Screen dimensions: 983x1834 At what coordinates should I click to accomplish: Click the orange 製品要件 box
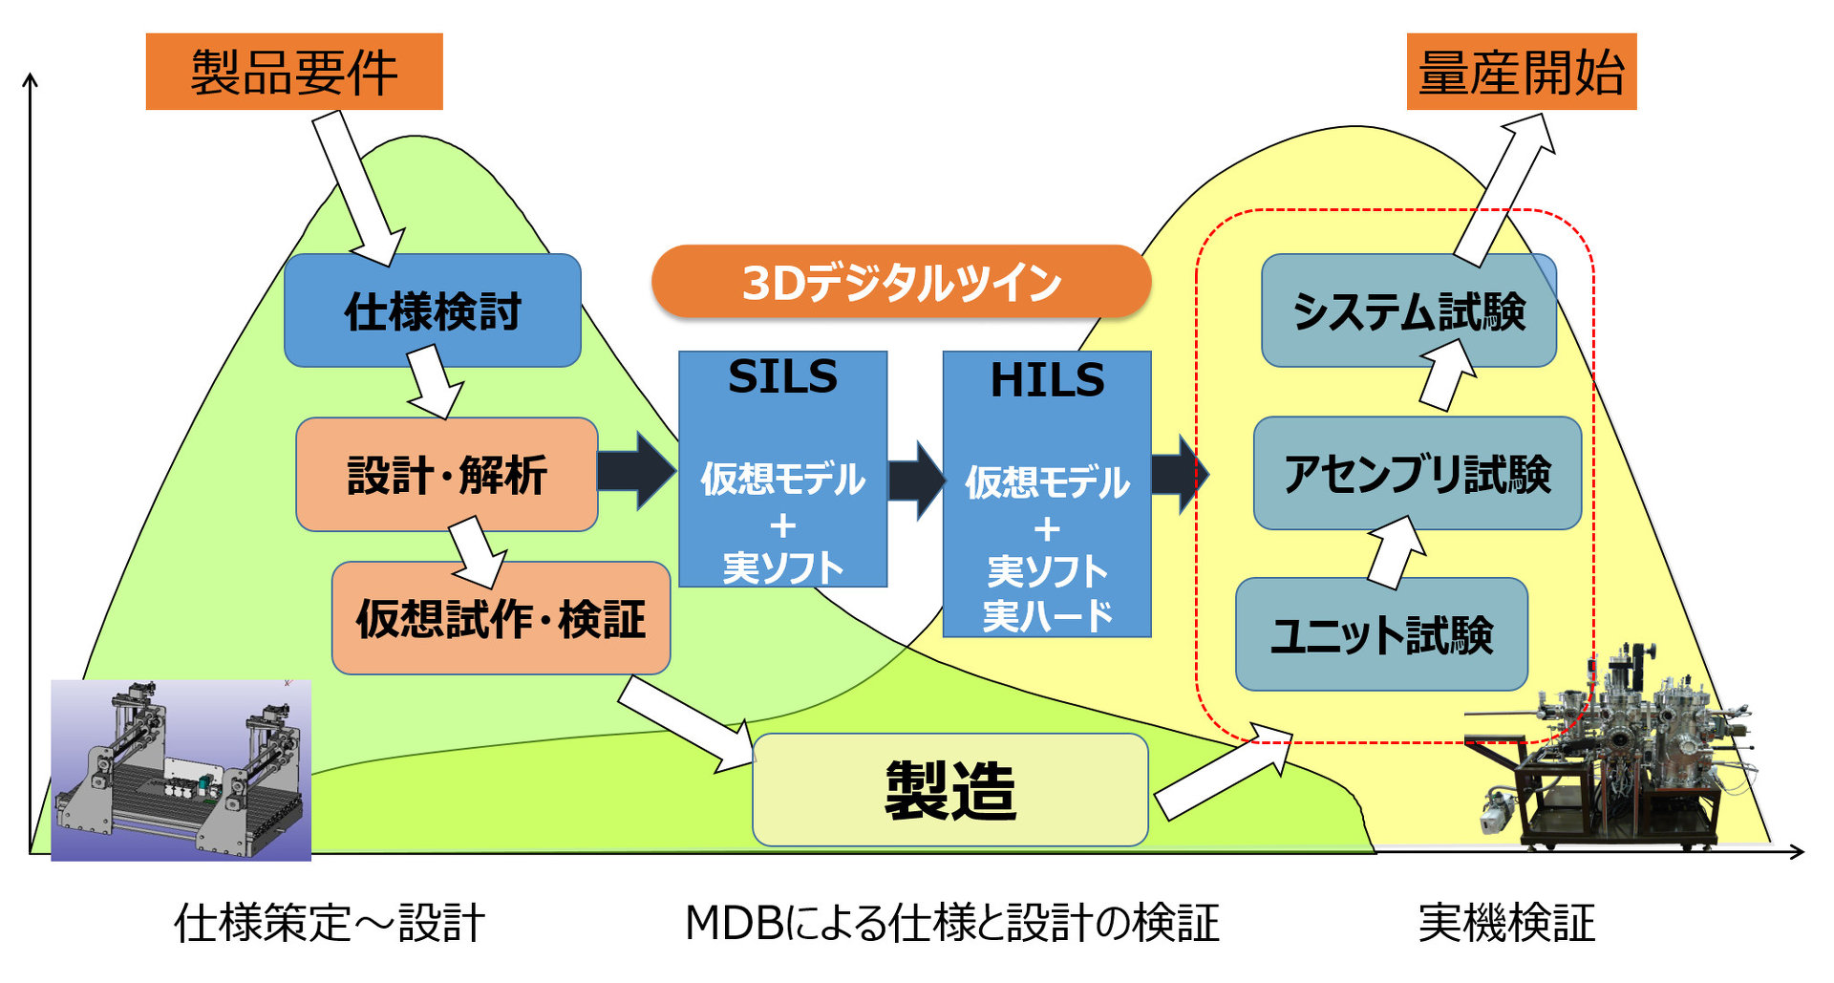pos(294,72)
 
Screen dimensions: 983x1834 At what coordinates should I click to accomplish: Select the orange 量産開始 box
pos(1521,72)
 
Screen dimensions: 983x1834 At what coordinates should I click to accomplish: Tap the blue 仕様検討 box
pos(433,310)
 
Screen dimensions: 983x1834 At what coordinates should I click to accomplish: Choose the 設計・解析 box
pos(447,475)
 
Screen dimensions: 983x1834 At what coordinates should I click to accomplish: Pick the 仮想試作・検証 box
pos(501,618)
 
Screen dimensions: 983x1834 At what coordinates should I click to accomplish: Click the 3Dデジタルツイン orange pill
pos(901,282)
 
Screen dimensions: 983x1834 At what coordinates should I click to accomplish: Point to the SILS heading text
pos(782,376)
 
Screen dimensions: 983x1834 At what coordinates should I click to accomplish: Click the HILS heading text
pos(1047,380)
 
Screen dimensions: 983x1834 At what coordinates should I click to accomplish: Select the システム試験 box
pos(1409,310)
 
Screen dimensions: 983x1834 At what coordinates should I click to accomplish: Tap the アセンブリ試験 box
pos(1418,474)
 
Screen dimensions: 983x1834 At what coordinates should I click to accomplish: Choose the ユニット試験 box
pos(1381,634)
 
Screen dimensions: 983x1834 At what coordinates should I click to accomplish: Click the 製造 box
pos(950,790)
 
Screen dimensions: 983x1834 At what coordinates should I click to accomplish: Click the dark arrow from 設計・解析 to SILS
pos(636,471)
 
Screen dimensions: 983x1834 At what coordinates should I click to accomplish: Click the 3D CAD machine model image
pos(181,770)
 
